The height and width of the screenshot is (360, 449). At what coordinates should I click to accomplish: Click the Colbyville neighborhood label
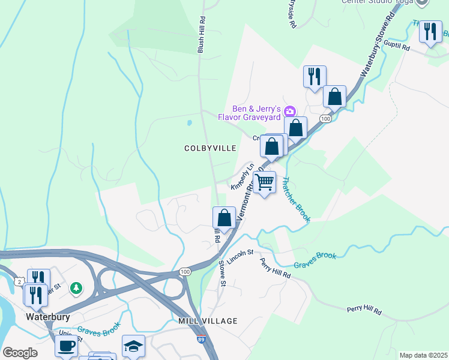pyautogui.click(x=210, y=148)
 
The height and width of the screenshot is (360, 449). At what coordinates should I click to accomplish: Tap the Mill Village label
pyautogui.click(x=208, y=322)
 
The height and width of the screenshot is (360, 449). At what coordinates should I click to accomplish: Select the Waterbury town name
pyautogui.click(x=48, y=316)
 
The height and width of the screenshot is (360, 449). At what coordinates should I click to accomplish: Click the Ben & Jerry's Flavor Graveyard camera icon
pyautogui.click(x=290, y=111)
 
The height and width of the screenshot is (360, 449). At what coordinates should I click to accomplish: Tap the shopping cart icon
pyautogui.click(x=264, y=182)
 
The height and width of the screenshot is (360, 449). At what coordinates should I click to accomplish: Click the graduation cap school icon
pyautogui.click(x=133, y=346)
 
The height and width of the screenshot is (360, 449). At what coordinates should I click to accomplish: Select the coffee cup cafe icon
pyautogui.click(x=66, y=346)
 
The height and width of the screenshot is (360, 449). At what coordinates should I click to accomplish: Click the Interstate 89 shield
pyautogui.click(x=202, y=340)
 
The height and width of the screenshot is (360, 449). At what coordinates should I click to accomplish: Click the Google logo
pyautogui.click(x=20, y=352)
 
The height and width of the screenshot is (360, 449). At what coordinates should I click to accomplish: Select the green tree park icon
pyautogui.click(x=76, y=289)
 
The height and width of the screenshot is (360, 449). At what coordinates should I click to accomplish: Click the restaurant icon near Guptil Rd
pyautogui.click(x=430, y=32)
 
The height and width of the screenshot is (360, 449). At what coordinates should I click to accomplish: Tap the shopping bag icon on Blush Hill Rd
pyautogui.click(x=224, y=218)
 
